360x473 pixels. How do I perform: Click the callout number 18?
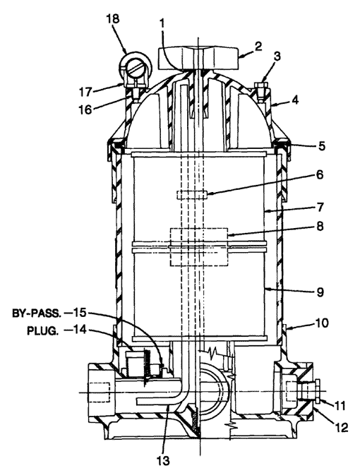click(113, 20)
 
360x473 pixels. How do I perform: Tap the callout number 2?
click(258, 47)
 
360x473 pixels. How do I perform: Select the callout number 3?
click(277, 56)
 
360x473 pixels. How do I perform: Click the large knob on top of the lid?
click(198, 58)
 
